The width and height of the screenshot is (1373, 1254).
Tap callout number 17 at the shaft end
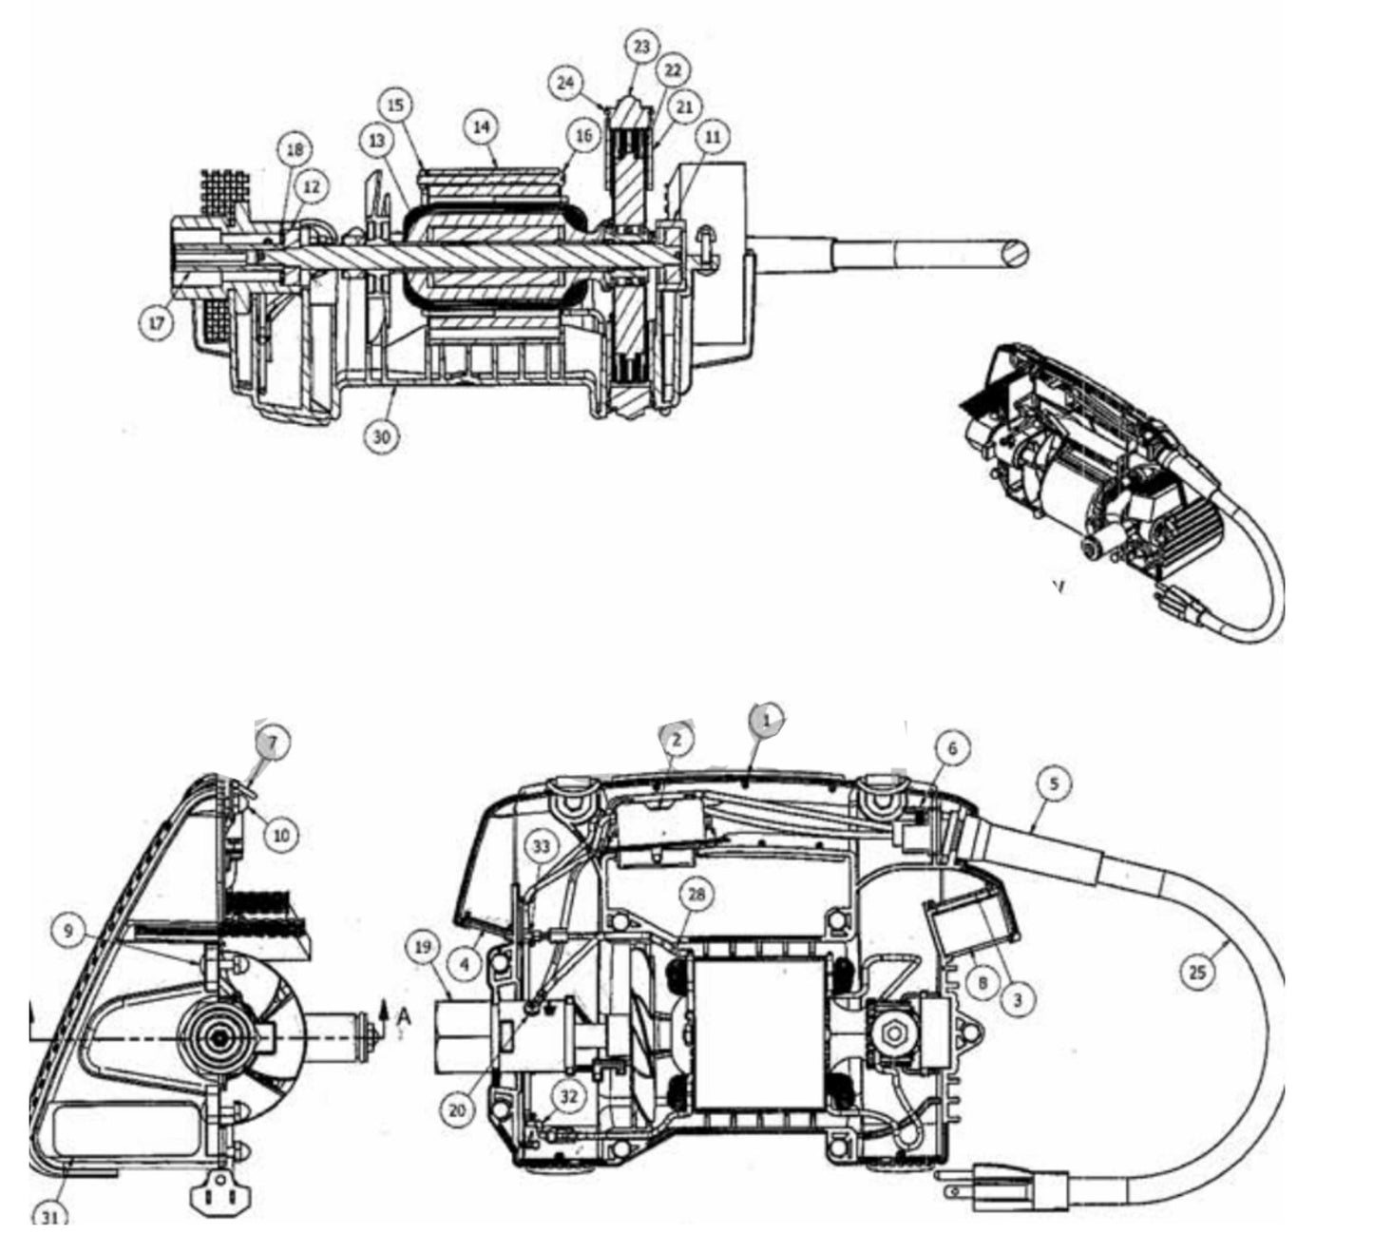pyautogui.click(x=157, y=323)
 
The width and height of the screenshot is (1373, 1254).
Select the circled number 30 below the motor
pyautogui.click(x=381, y=435)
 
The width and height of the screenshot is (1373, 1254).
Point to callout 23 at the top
pyautogui.click(x=643, y=47)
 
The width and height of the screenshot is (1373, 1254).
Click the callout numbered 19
pyautogui.click(x=423, y=947)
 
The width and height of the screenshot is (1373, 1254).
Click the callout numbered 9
pyautogui.click(x=68, y=932)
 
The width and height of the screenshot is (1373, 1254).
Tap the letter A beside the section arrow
pyautogui.click(x=404, y=1017)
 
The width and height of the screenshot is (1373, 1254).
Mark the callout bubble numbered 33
pyautogui.click(x=541, y=844)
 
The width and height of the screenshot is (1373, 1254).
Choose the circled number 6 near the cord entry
pyautogui.click(x=953, y=749)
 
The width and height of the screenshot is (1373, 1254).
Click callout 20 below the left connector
pyautogui.click(x=458, y=1110)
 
